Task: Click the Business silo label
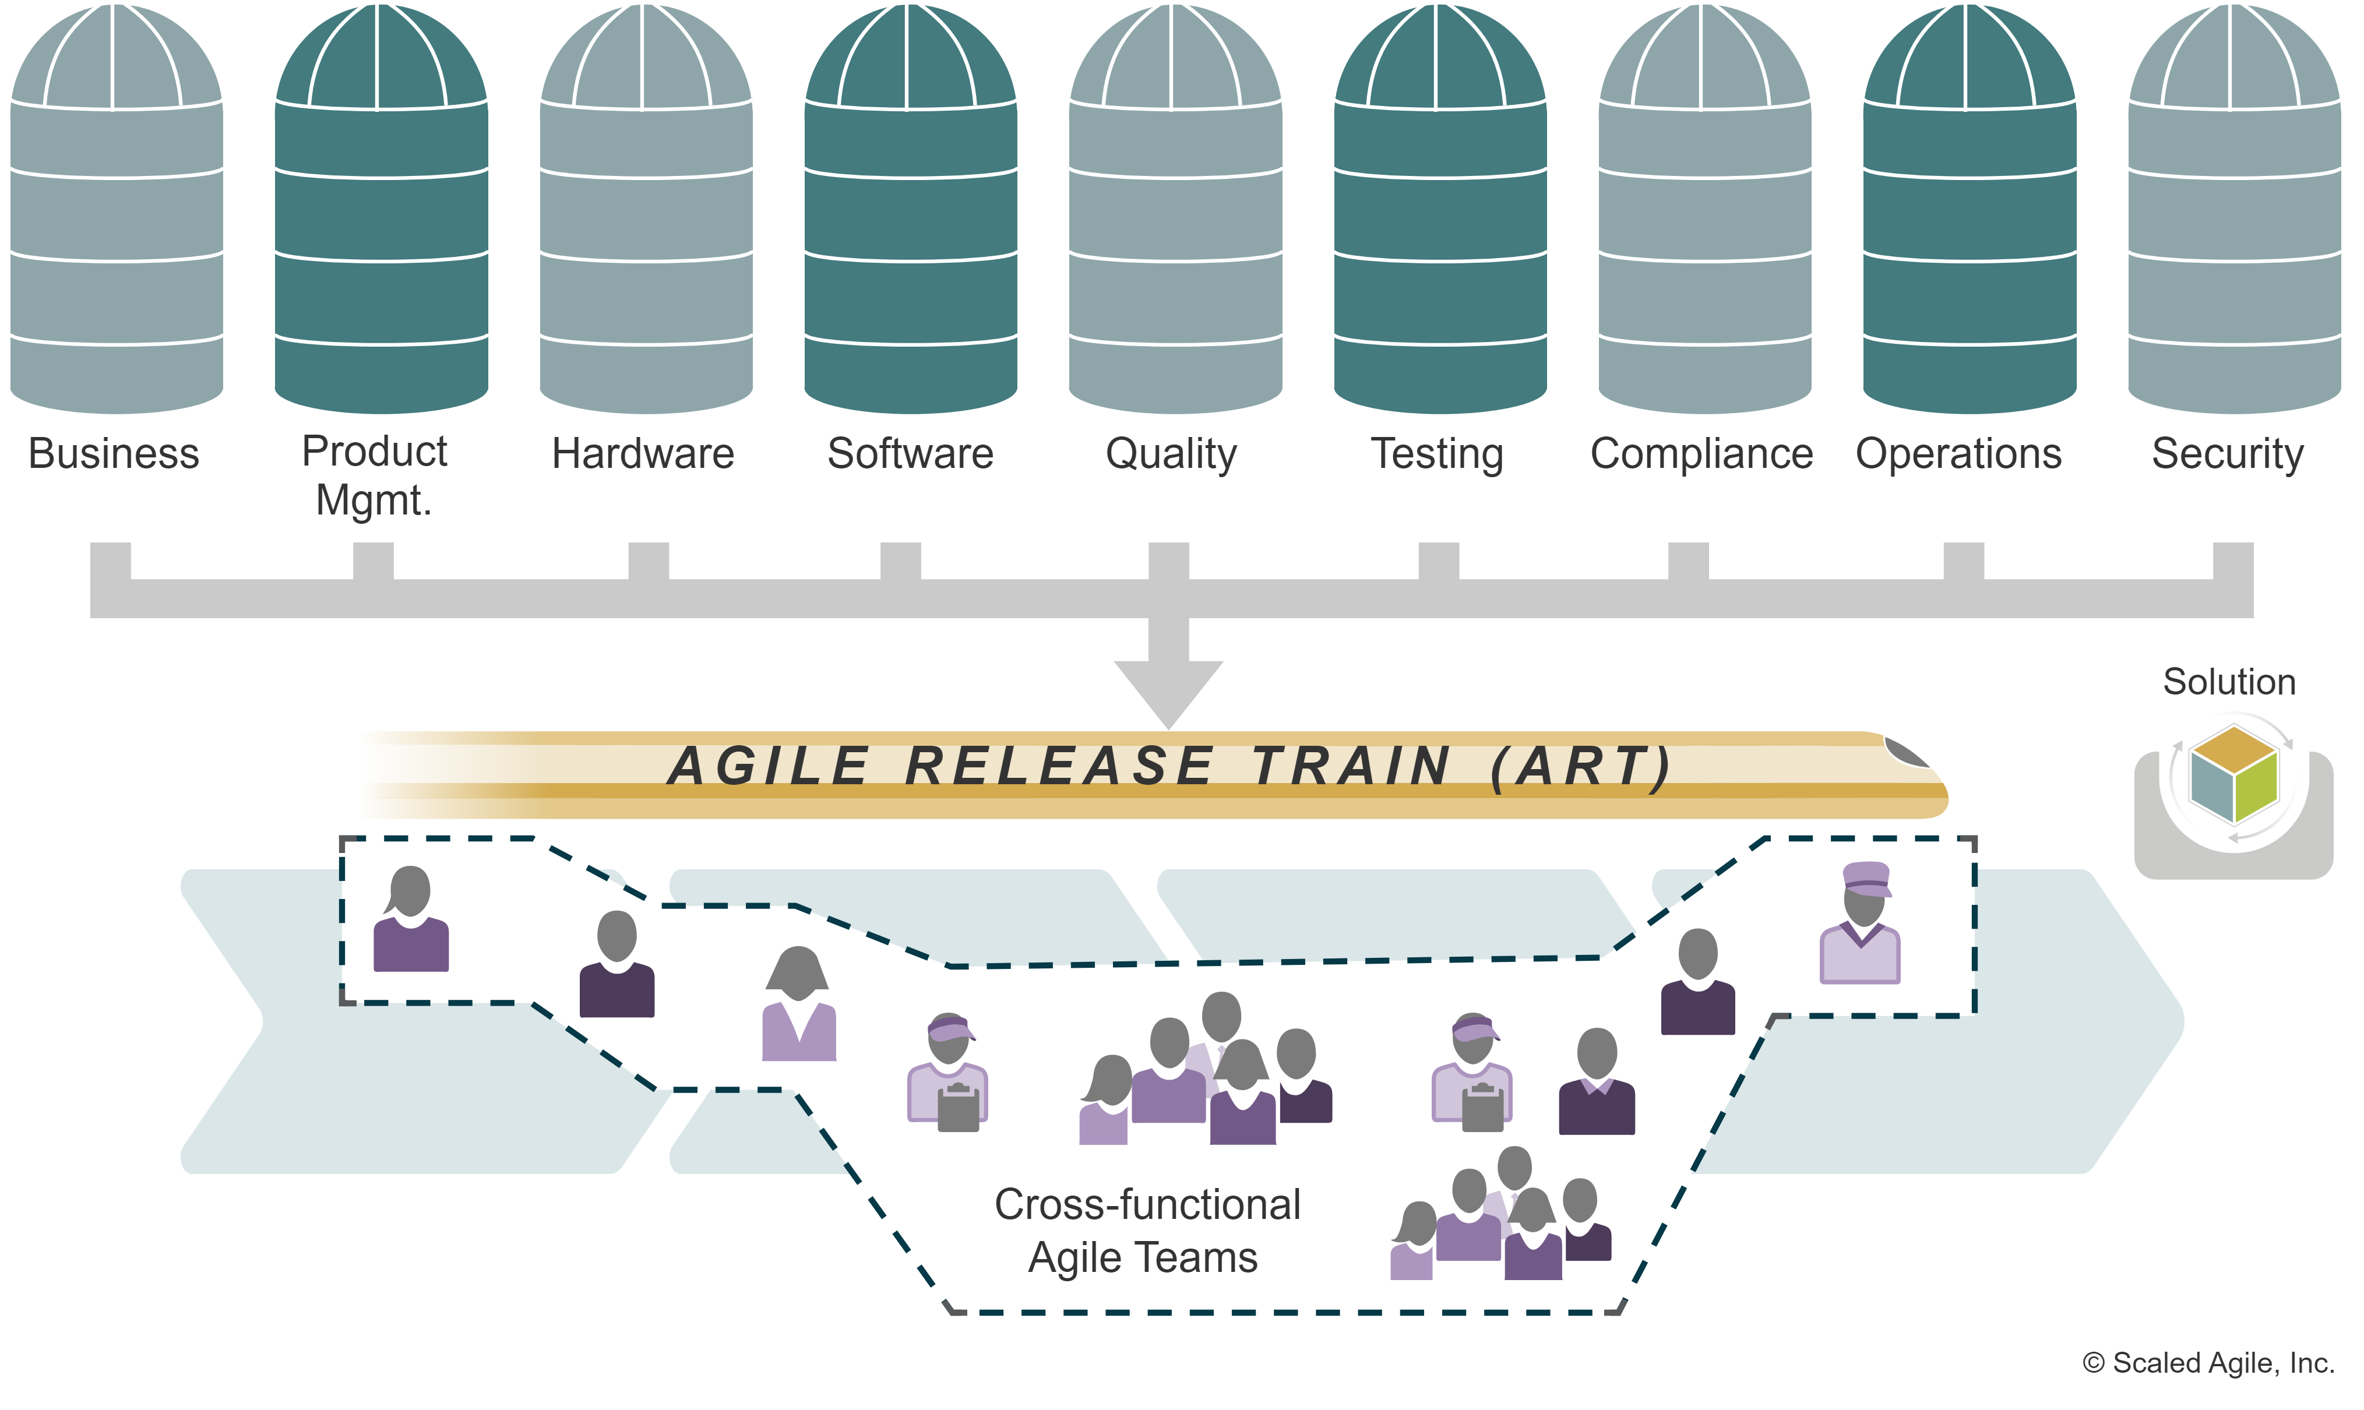tap(114, 454)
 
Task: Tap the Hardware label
tap(643, 454)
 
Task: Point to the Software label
tap(910, 454)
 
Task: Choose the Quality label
tap(1172, 454)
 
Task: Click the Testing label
tap(1438, 454)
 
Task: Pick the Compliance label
tap(1701, 454)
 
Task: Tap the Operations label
tap(1959, 454)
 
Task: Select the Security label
tap(2228, 454)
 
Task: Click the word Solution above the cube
tap(2229, 682)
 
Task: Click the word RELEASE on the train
tap(1059, 766)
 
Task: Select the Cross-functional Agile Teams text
tap(1146, 1231)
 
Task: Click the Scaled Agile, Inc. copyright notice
tap(2208, 1362)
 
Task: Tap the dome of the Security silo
tap(2234, 57)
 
